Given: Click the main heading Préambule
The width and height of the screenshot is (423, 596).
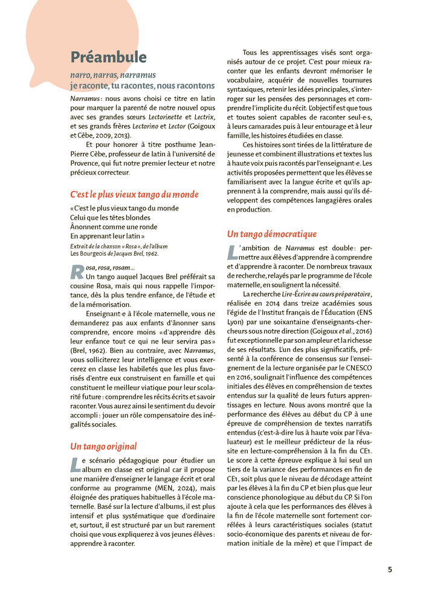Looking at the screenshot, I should [108, 57].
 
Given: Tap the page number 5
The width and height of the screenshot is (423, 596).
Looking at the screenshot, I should [390, 569].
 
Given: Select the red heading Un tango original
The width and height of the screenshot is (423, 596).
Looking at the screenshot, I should [103, 447].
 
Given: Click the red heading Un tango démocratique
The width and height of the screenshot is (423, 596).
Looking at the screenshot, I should [271, 234].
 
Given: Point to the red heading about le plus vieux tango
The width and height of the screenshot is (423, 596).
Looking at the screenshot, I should [134, 195].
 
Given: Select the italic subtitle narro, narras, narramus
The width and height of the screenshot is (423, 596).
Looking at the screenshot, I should [112, 76].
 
